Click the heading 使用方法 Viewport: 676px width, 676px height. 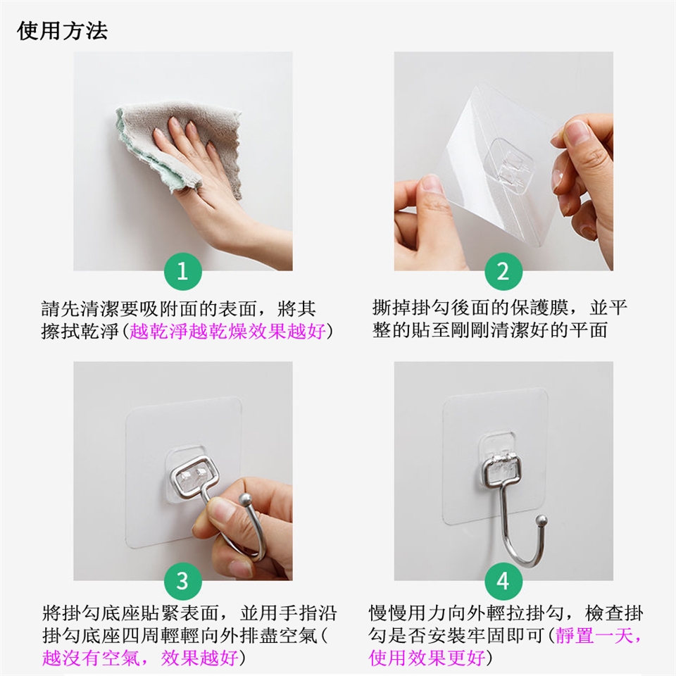point(62,31)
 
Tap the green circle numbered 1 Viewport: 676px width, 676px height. point(183,272)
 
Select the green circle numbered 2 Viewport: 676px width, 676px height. point(503,272)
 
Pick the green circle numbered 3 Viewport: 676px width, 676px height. point(183,581)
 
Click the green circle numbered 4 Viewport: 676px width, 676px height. point(503,581)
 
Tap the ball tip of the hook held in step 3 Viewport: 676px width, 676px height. point(245,500)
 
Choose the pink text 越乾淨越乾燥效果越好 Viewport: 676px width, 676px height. point(227,332)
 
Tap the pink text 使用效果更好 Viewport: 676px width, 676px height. point(427,658)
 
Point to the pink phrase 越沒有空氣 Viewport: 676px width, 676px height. point(91,658)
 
